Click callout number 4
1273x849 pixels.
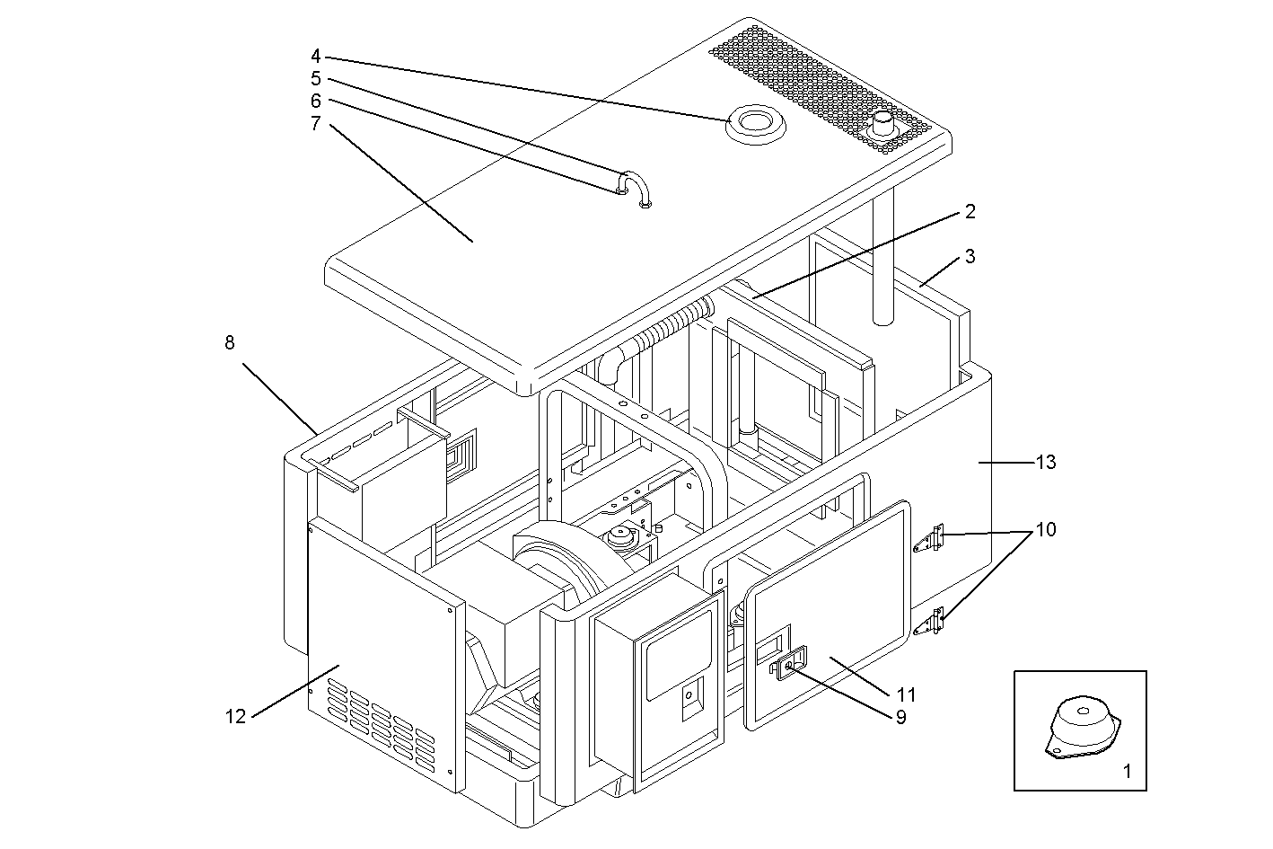pos(316,56)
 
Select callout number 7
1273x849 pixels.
pos(316,123)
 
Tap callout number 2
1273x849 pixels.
pos(970,212)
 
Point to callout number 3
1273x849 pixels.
pos(970,256)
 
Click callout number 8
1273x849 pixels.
pos(230,342)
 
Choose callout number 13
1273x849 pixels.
pos(1045,463)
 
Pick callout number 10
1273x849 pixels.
pos(1045,529)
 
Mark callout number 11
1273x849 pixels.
pos(907,694)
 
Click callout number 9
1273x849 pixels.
pos(900,717)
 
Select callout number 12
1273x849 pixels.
pos(235,716)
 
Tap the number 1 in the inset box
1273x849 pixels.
pos(1128,770)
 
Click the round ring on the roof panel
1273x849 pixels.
pos(756,123)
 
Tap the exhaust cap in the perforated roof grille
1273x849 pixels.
pos(883,124)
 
